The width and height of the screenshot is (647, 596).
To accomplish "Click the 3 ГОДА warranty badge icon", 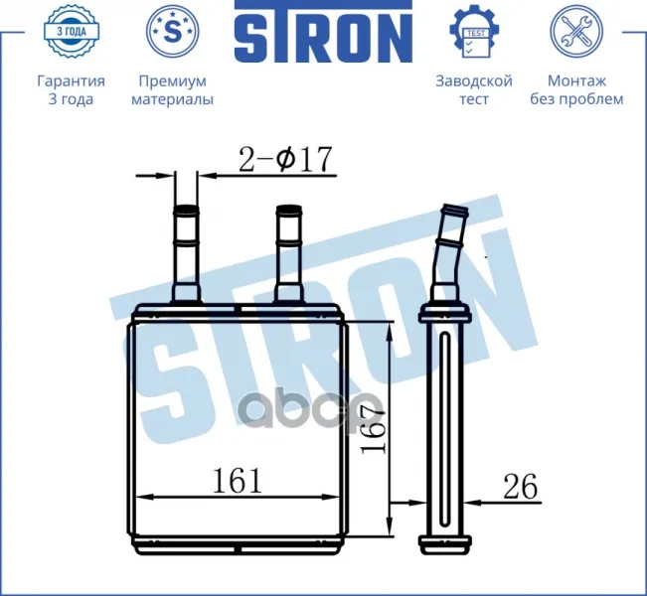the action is click(72, 31).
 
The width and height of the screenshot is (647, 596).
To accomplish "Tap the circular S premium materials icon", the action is click(173, 31).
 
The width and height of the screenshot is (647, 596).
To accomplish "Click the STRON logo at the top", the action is click(324, 32).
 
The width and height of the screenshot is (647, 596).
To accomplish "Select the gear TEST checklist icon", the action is click(474, 31).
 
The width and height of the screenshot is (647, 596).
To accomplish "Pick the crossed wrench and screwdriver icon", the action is click(576, 31).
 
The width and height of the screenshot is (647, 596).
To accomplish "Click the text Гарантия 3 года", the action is click(71, 90).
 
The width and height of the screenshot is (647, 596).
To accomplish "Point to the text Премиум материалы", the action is click(173, 90).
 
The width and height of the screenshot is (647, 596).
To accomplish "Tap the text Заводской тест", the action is click(474, 90).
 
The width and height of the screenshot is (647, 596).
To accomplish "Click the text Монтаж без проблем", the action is click(576, 90).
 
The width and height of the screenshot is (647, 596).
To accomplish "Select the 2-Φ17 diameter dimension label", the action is click(285, 159).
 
